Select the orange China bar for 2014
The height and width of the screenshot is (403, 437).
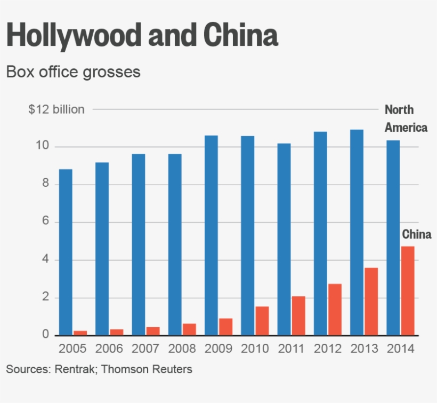coord(408,291)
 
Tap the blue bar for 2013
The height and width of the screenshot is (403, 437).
coord(357,232)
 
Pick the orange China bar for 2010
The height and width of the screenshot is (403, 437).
coord(262,321)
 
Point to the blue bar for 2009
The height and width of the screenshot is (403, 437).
coord(212,235)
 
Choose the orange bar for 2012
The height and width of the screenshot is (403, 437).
coord(335,310)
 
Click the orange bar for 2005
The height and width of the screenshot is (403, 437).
coord(80,333)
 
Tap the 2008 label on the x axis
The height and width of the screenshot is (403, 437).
coord(182,349)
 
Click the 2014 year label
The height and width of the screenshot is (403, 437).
coord(401,349)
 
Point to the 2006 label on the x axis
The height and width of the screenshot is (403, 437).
coord(109,349)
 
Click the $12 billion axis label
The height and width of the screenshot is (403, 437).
coord(56,109)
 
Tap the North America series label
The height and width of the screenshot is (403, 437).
coord(406,118)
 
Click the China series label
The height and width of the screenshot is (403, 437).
coord(416,234)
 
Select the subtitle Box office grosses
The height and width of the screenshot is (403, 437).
coord(73,72)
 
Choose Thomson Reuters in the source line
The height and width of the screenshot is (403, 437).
coord(147,369)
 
